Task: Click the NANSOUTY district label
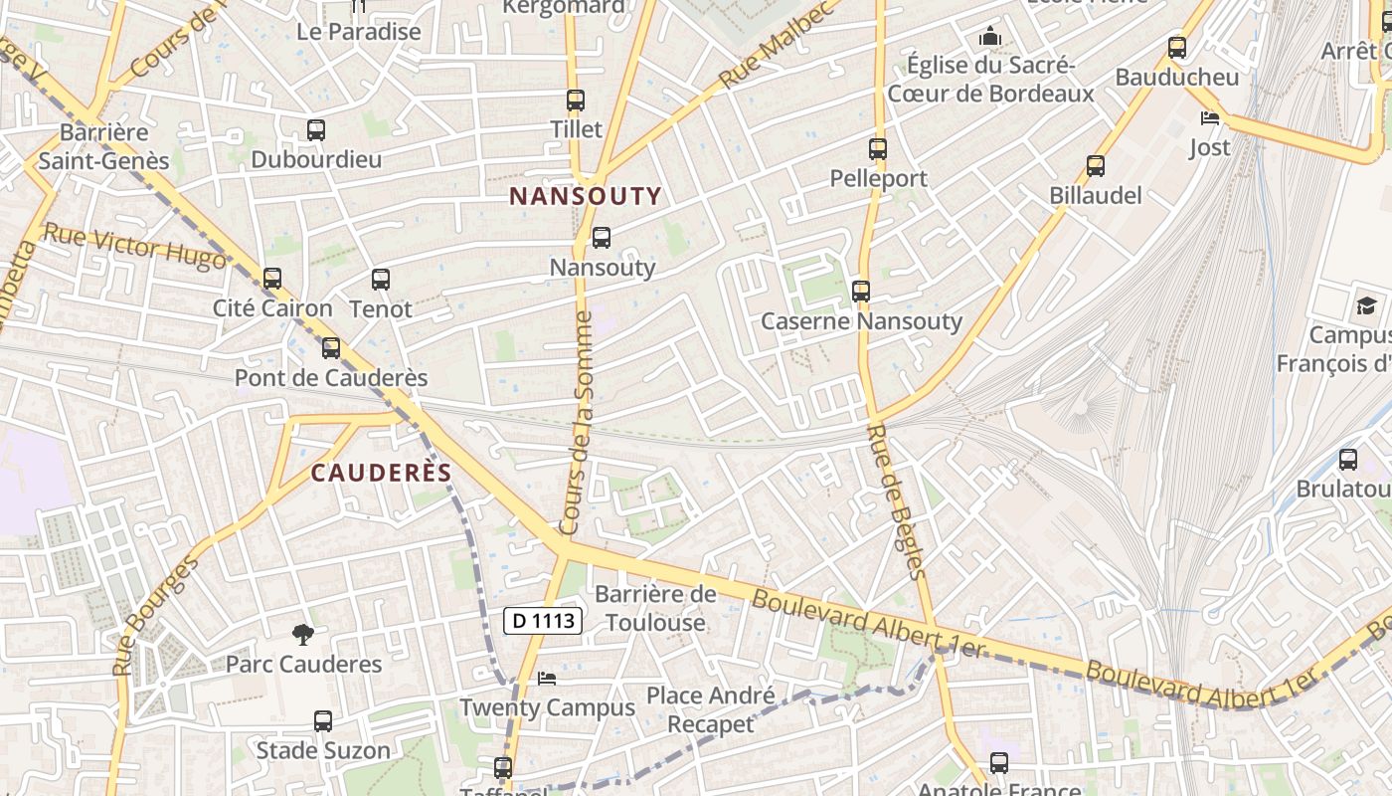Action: pyautogui.click(x=585, y=196)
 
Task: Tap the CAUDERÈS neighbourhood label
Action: pyautogui.click(x=382, y=473)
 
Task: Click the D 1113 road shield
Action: pyautogui.click(x=542, y=621)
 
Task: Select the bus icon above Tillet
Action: pyautogui.click(x=575, y=100)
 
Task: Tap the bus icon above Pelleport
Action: pyautogui.click(x=877, y=149)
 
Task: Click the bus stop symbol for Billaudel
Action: pyautogui.click(x=1095, y=166)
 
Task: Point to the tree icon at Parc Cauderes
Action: pyautogui.click(x=302, y=635)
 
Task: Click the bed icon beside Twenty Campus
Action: pyautogui.click(x=546, y=679)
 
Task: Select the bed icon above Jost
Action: pyautogui.click(x=1209, y=118)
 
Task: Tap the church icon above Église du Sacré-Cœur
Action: pyautogui.click(x=989, y=38)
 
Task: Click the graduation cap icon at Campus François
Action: pyautogui.click(x=1366, y=305)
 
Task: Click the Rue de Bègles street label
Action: pyautogui.click(x=897, y=502)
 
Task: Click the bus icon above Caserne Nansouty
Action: pyautogui.click(x=861, y=292)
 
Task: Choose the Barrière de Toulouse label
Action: pyautogui.click(x=655, y=609)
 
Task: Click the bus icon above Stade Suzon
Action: pyautogui.click(x=322, y=721)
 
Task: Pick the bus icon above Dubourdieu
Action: pyautogui.click(x=315, y=130)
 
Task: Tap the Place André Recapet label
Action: pyautogui.click(x=710, y=709)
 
